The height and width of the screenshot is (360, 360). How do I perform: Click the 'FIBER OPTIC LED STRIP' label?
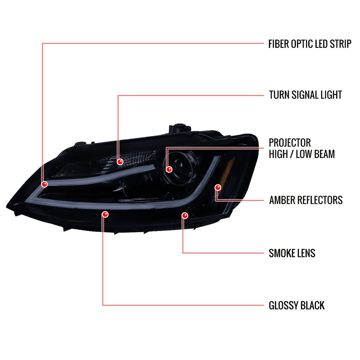pos(310,44)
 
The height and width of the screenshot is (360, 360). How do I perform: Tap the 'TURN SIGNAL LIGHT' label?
pos(305,95)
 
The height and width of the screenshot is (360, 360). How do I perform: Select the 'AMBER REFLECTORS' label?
pos(306,200)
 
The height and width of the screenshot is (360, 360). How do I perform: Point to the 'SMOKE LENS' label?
pos(292,253)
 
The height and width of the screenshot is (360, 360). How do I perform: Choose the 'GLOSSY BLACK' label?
pos(297,305)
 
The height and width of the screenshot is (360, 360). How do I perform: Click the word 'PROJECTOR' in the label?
pos(290,143)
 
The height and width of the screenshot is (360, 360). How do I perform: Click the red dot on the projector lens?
pos(169,169)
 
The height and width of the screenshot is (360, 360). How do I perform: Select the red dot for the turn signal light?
pos(120,162)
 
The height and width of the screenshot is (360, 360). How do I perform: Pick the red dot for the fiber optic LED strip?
pos(44,184)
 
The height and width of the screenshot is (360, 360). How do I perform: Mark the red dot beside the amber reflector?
pos(218,187)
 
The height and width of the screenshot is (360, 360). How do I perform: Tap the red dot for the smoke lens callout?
pos(185,216)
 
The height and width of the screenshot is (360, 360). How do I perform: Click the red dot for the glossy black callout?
pos(105,214)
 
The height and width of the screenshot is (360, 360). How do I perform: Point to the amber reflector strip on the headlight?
pos(227,175)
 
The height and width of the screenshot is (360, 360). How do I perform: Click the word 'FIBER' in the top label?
pos(278,44)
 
